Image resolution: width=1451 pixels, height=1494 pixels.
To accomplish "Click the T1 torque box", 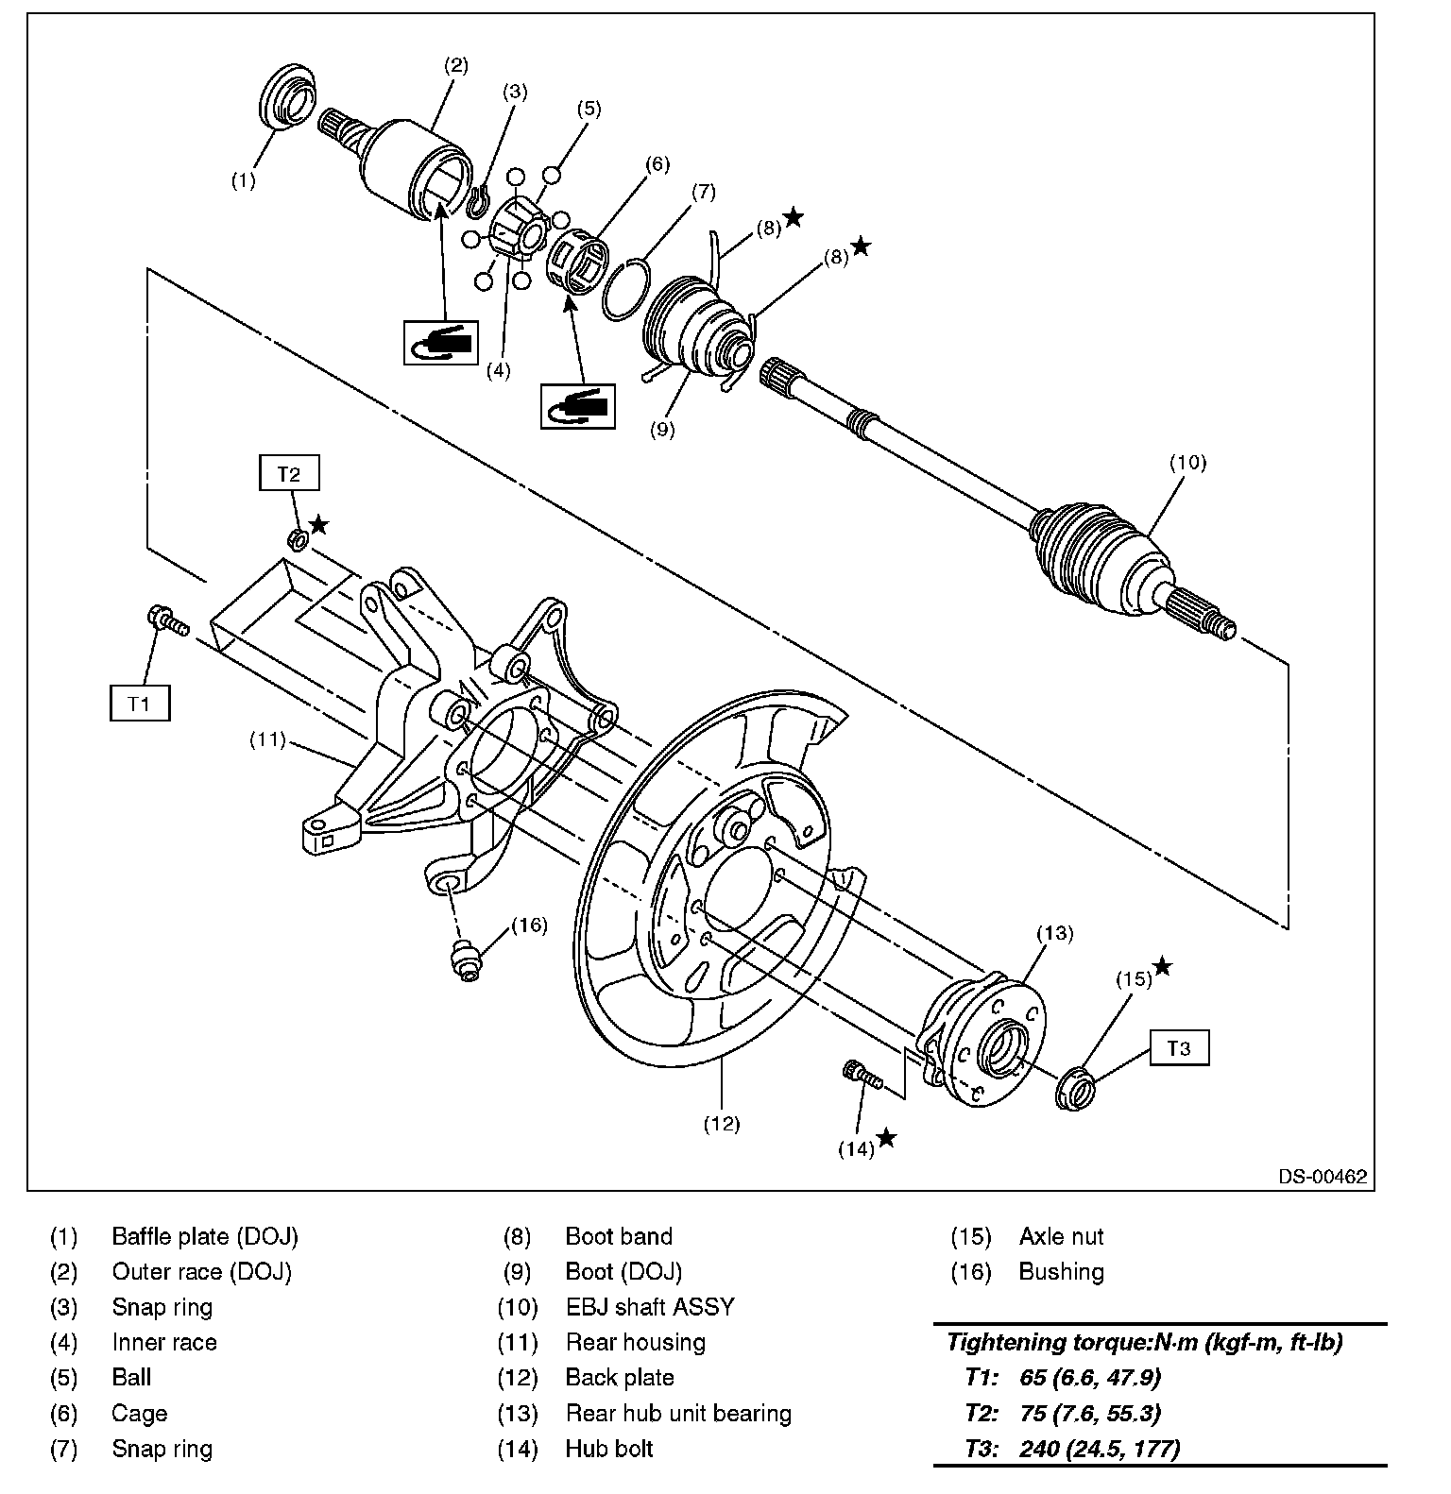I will coord(140,704).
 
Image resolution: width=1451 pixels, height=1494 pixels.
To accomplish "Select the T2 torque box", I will coord(289,474).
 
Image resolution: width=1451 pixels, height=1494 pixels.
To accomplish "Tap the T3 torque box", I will coord(1179,1048).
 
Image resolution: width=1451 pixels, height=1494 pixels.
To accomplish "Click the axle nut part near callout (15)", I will coord(1075,1087).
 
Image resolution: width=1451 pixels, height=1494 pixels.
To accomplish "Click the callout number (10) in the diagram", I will coord(1187,463).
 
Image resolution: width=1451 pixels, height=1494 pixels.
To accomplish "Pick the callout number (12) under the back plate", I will coord(722,1124).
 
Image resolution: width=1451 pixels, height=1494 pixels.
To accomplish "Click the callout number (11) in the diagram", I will coord(267,739).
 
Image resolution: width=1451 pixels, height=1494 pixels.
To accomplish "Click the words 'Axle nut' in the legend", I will coord(1061,1237).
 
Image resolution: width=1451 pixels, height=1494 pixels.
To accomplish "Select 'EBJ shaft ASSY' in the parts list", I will coord(649,1308).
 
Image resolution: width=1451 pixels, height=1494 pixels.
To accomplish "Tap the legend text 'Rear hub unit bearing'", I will coord(678,1414).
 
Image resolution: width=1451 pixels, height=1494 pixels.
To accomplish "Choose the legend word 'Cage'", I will coord(139,1414).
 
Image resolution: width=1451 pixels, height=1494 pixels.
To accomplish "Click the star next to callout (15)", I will coord(1163,967).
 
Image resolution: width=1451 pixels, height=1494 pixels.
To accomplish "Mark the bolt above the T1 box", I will coord(166,621).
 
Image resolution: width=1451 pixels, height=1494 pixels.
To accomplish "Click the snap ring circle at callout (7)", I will coord(624,288).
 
